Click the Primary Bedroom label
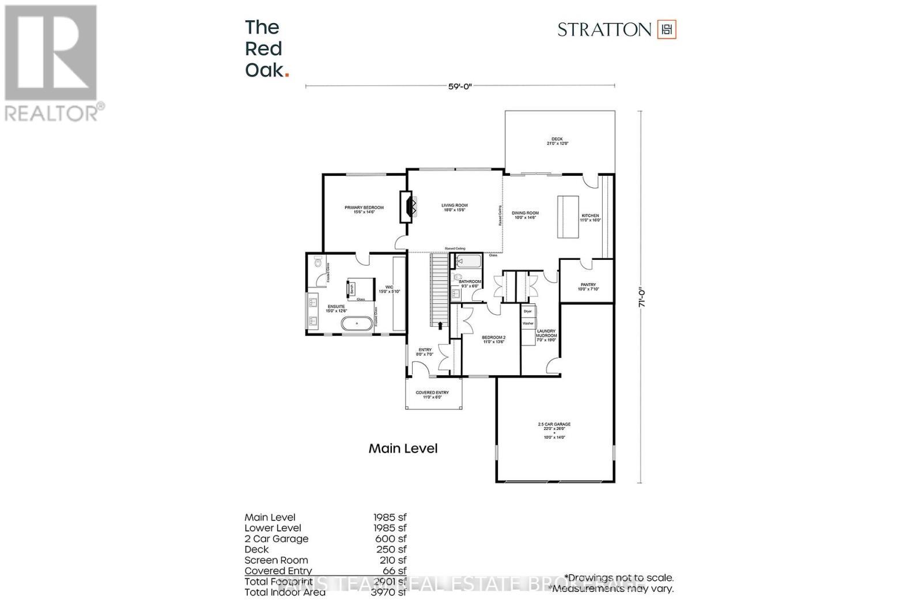364,210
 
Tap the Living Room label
455,207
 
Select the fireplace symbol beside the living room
409,206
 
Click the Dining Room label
525,215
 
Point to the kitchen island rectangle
568,217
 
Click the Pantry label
588,286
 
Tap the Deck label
557,141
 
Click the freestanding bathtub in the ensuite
357,323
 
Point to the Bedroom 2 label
493,339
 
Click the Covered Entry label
432,395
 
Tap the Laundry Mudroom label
546,335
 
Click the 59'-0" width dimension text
460,86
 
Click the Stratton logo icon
667,29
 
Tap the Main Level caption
403,448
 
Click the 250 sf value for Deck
391,549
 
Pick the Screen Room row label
276,560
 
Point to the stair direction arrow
441,326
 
